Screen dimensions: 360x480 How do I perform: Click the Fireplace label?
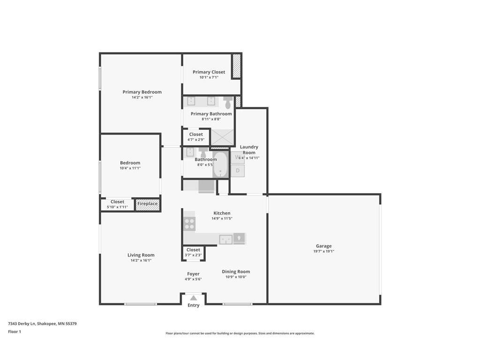coord(148,204)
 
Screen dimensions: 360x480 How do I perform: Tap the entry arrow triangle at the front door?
coord(193,298)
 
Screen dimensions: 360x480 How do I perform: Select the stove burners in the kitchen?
coord(189,224)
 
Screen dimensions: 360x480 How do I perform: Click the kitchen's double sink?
coord(226,239)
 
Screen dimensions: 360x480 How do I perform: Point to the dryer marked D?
coord(238,171)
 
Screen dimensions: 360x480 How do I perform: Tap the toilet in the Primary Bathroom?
coord(228,103)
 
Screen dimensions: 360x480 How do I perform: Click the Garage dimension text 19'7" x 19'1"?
coord(323,251)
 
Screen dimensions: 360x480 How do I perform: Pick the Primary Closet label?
coord(209,72)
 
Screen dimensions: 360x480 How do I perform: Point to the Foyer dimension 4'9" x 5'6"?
coord(193,279)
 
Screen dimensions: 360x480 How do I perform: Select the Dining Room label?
coord(236,271)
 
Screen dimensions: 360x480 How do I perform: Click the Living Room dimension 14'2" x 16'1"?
coord(141,260)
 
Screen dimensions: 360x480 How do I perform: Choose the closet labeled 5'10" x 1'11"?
coord(117,204)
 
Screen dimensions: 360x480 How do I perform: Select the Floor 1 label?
coord(15,332)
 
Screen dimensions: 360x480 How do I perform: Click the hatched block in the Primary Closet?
coord(237,66)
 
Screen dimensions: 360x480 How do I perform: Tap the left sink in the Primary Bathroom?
coord(191,101)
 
